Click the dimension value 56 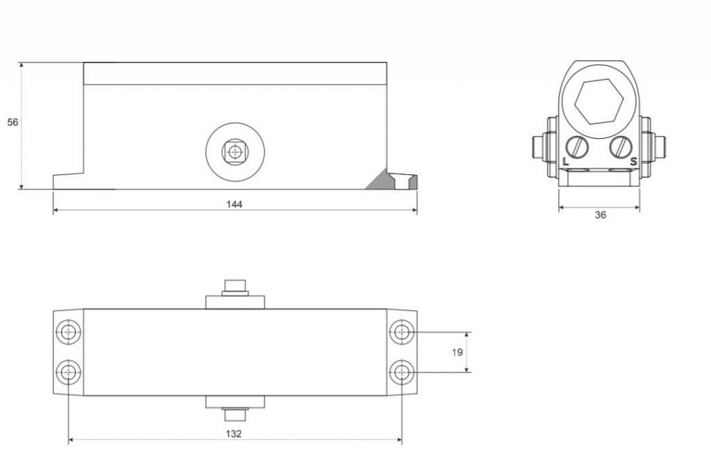click(12, 122)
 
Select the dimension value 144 click(235, 205)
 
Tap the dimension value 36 click(601, 215)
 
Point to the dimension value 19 click(457, 352)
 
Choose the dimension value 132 click(234, 433)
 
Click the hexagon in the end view click(599, 102)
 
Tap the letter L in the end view click(565, 162)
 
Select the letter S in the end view click(633, 162)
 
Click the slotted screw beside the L click(577, 147)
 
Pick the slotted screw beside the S click(621, 147)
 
